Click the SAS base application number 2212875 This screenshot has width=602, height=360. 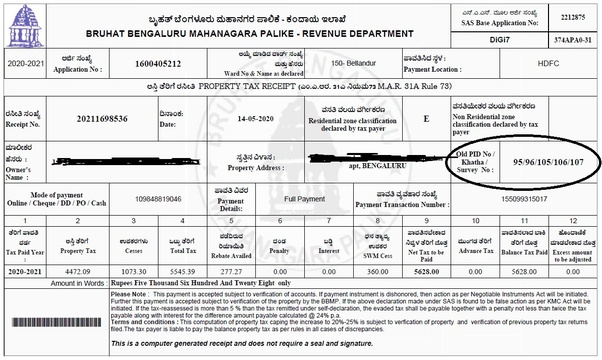[x=571, y=15]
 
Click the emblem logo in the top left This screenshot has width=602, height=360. [x=19, y=22]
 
